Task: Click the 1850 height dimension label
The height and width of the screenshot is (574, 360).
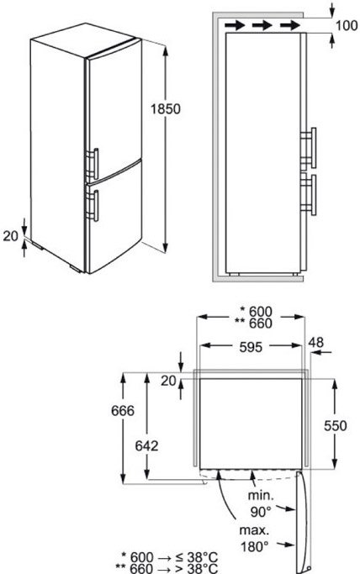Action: pos(166,108)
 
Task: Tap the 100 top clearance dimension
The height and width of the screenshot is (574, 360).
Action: pos(346,25)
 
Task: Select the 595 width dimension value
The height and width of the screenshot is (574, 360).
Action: pos(251,347)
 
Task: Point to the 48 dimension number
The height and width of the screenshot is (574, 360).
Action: pos(315,342)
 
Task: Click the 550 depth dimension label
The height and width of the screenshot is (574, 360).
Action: pos(335,425)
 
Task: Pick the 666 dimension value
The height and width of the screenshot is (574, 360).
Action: pos(123,411)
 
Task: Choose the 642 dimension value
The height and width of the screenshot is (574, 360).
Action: pos(146,446)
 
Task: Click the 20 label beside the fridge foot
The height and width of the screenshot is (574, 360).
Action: pos(11,236)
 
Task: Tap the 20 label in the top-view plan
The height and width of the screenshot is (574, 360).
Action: pos(168,381)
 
